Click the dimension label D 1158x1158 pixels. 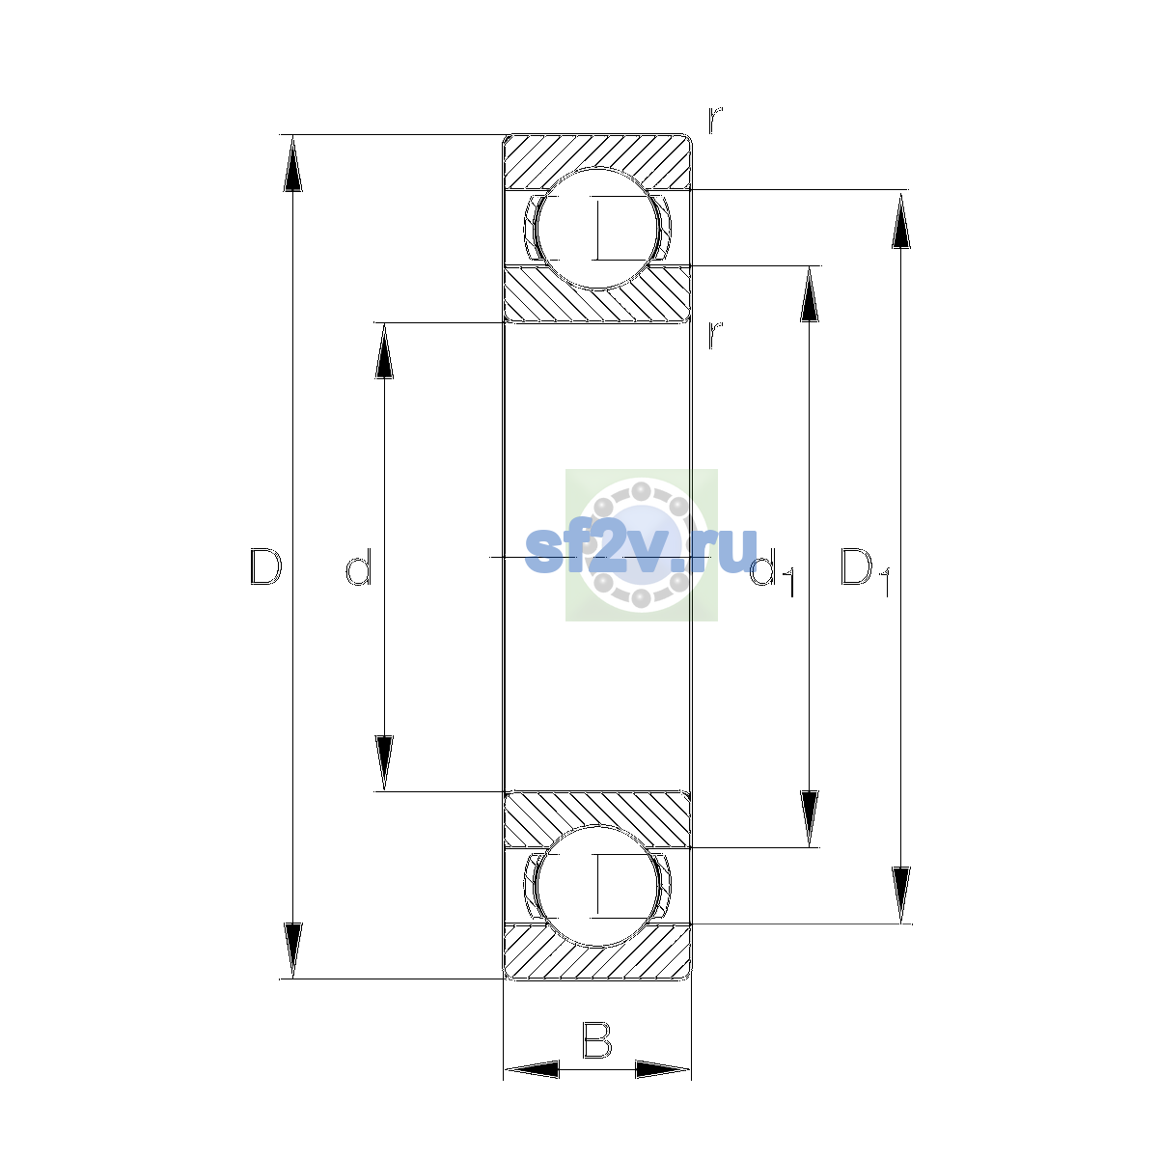tap(265, 566)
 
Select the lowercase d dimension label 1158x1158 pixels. tap(359, 566)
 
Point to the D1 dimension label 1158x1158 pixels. tap(864, 572)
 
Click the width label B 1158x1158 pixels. tap(596, 1039)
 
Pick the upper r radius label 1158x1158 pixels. tap(714, 120)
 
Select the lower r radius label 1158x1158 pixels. tap(714, 335)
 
